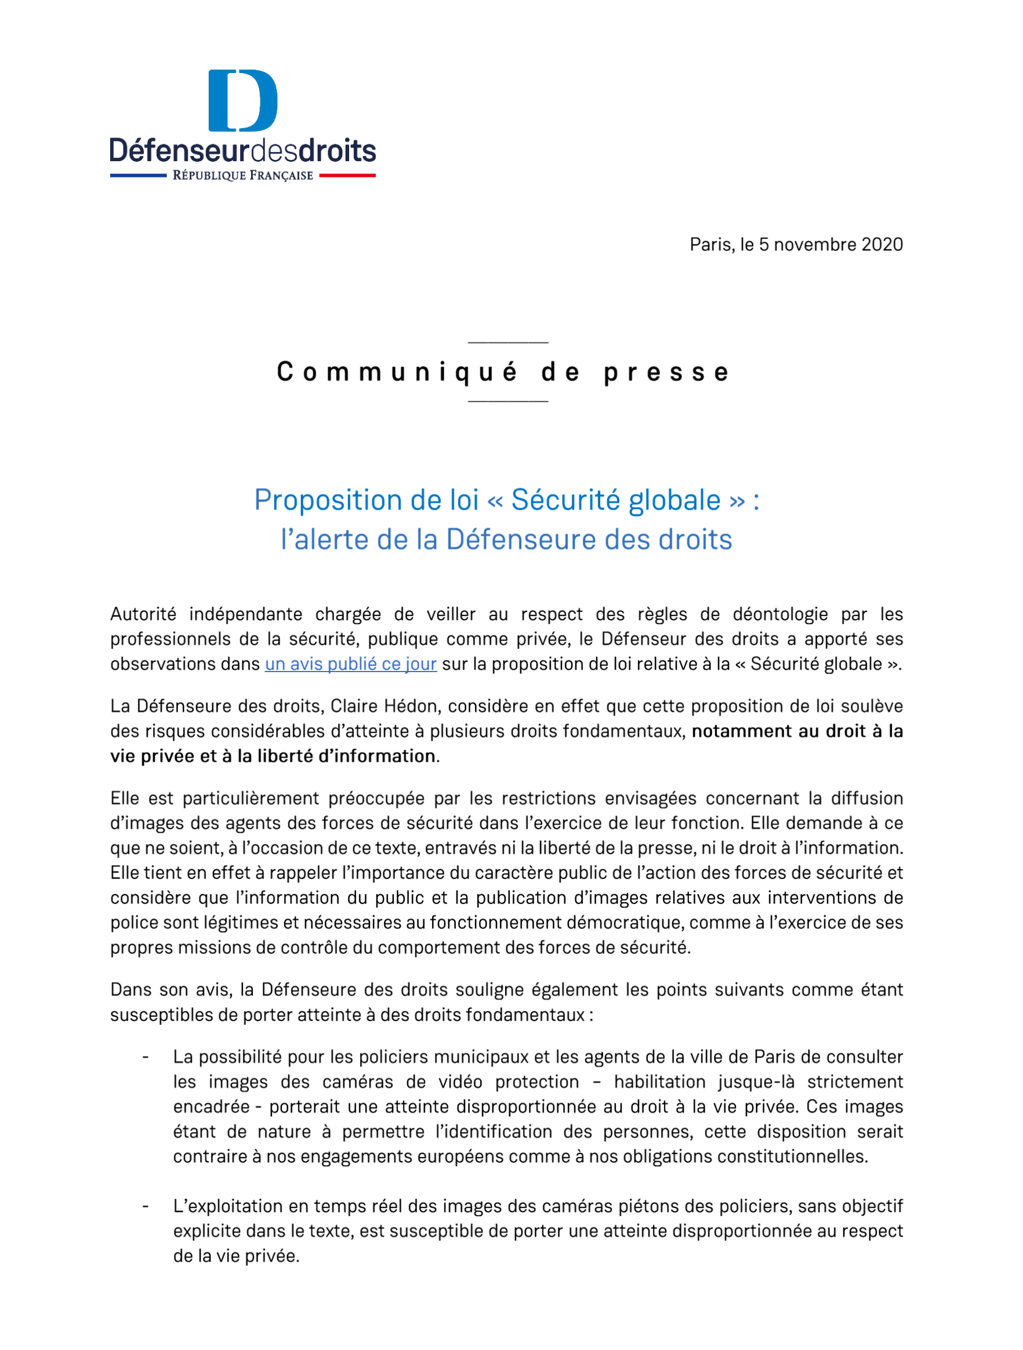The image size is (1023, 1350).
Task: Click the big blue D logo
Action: pyautogui.click(x=242, y=101)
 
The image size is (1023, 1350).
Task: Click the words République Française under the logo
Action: pyautogui.click(x=242, y=176)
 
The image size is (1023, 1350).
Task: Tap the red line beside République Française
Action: pyautogui.click(x=347, y=176)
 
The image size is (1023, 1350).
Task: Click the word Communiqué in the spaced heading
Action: pyautogui.click(x=397, y=372)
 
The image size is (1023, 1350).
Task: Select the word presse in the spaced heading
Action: pyautogui.click(x=666, y=372)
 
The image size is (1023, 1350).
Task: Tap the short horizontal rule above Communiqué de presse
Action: pyautogui.click(x=507, y=342)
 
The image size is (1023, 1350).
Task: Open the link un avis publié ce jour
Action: pyautogui.click(x=350, y=664)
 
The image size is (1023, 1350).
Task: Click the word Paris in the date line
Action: pyautogui.click(x=710, y=245)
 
